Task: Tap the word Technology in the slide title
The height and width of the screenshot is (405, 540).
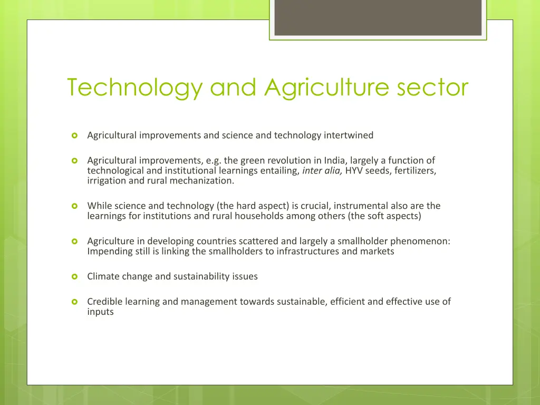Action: [x=134, y=88]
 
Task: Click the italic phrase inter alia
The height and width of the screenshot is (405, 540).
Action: [x=322, y=170]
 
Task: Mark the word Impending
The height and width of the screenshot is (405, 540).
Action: [x=109, y=251]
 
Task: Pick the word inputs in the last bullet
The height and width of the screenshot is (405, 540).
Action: [x=100, y=312]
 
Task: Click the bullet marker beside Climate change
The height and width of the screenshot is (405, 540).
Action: [x=74, y=276]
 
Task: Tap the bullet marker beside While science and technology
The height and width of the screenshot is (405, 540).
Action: [x=74, y=206]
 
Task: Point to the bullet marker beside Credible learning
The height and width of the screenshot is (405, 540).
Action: [x=74, y=302]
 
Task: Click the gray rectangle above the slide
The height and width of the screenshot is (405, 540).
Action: [x=378, y=17]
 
